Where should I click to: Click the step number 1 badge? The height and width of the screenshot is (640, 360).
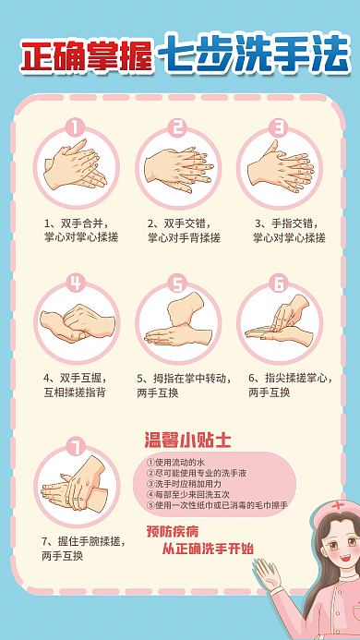click(76, 127)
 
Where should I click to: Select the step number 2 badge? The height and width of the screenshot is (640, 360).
click(177, 127)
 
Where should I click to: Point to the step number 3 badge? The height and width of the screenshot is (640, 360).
click(279, 127)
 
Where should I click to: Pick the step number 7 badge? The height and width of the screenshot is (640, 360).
click(76, 447)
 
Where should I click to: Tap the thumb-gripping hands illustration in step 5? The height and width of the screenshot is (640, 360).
click(178, 323)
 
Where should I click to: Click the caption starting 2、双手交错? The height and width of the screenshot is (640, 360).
click(184, 230)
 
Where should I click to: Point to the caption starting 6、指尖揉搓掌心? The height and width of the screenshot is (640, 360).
click(287, 385)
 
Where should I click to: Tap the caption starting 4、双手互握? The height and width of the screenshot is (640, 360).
click(79, 385)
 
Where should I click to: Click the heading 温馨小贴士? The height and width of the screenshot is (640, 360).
click(188, 440)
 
